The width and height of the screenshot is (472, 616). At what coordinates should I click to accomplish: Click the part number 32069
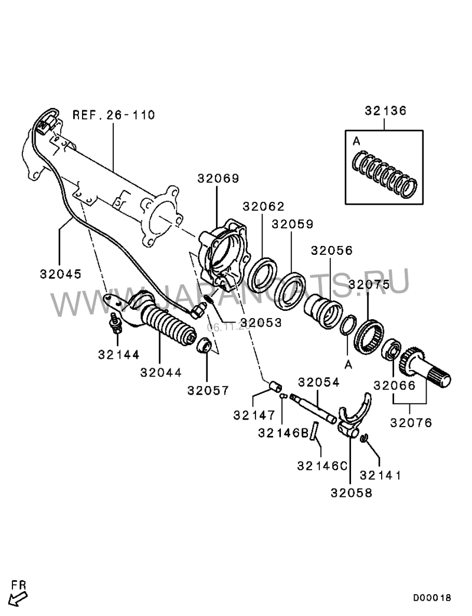pyautogui.click(x=218, y=179)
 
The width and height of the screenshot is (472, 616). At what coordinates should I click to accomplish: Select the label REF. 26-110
pyautogui.click(x=114, y=114)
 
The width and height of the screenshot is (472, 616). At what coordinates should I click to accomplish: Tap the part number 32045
pyautogui.click(x=61, y=274)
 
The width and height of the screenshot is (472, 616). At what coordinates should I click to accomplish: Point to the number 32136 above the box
pyautogui.click(x=385, y=110)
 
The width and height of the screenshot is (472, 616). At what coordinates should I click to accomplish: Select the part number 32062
pyautogui.click(x=264, y=207)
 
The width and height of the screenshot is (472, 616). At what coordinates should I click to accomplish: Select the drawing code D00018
pyautogui.click(x=431, y=598)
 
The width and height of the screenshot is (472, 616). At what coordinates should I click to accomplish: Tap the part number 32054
pyautogui.click(x=319, y=382)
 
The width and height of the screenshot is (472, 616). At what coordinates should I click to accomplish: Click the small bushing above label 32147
pyautogui.click(x=274, y=388)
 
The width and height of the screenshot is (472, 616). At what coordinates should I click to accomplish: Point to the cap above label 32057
pyautogui.click(x=204, y=345)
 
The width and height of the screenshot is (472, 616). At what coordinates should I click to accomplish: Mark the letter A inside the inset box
pyautogui.click(x=356, y=141)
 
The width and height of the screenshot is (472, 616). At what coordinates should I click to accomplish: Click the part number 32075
pyautogui.click(x=369, y=284)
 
